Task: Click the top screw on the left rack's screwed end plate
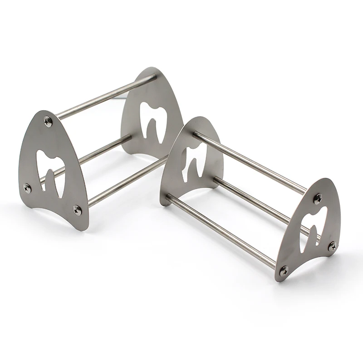[x=48, y=120]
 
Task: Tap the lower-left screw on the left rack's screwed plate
[x=27, y=186]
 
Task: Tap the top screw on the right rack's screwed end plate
[x=318, y=198]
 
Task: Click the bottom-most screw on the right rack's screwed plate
[x=284, y=270]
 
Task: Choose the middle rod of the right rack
[x=254, y=200]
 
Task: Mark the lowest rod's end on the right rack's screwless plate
[x=169, y=198]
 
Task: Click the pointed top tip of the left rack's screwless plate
[x=152, y=69]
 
